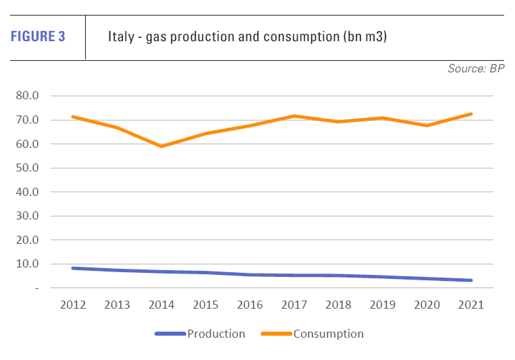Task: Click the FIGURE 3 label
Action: [38, 37]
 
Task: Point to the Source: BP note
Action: [476, 69]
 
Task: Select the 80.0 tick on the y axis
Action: [28, 96]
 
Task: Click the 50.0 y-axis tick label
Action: [28, 168]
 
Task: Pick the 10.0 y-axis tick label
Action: [28, 264]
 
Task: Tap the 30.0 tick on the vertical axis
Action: [28, 216]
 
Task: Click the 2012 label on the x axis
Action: [72, 305]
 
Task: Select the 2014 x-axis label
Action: [161, 305]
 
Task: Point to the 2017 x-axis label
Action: [294, 305]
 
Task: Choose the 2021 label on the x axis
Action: [470, 305]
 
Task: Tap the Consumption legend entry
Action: [328, 334]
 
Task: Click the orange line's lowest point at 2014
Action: [161, 146]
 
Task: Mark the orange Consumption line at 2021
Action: [470, 114]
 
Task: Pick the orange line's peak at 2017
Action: [294, 116]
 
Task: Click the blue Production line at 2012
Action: [73, 268]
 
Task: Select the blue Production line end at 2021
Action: [470, 280]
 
